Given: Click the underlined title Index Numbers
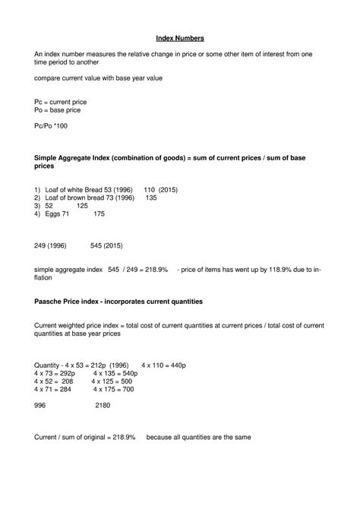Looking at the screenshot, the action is (x=179, y=37).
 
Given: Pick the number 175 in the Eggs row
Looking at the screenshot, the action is (x=99, y=214).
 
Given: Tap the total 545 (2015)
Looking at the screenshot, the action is (x=106, y=246).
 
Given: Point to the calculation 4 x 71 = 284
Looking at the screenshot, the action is (x=52, y=389).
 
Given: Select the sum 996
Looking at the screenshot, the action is (x=40, y=406).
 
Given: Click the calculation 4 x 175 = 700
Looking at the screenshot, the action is (x=113, y=389).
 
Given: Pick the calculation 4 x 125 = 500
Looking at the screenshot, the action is (x=113, y=381).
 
